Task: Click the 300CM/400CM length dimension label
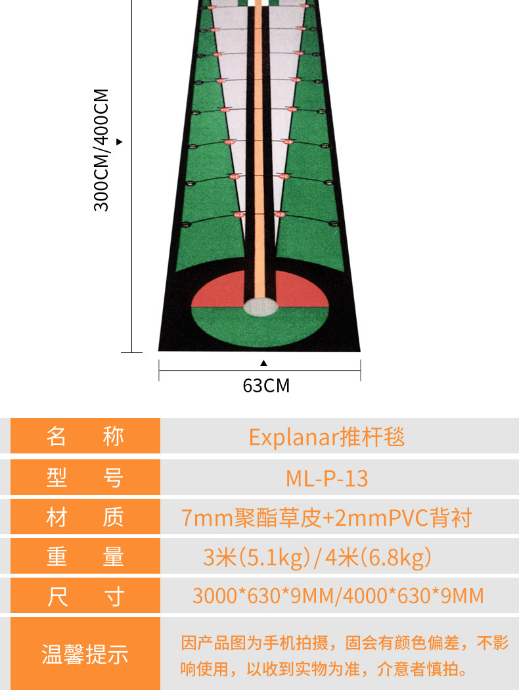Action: point(101,150)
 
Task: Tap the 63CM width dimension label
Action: point(266,385)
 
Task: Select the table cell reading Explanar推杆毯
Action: point(327,437)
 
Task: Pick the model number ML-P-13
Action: point(327,478)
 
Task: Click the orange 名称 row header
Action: point(85,437)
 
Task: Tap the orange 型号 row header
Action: point(85,478)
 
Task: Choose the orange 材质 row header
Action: point(85,518)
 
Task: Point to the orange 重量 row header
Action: point(85,557)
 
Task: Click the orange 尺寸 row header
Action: point(85,597)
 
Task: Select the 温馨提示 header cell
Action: point(85,654)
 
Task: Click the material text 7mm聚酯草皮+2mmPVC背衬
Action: point(327,518)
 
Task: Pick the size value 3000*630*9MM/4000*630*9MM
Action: point(338,596)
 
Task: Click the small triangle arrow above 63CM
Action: point(263,363)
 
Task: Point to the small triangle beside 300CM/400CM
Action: point(120,141)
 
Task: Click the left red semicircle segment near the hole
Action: point(220,294)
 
